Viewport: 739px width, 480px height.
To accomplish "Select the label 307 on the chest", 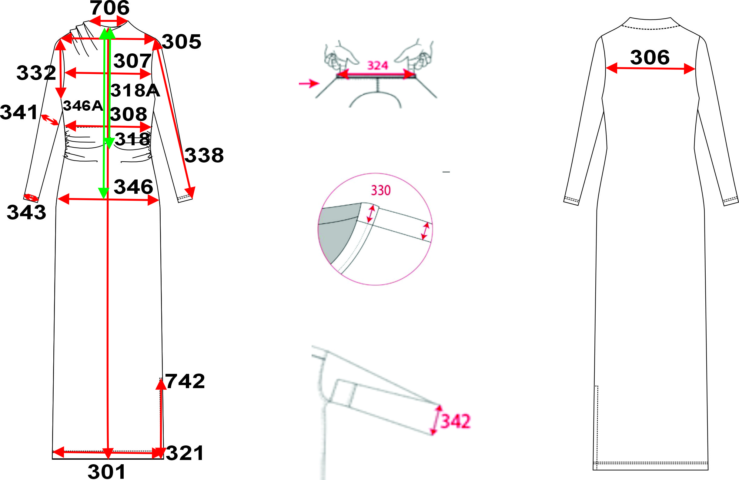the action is [x=132, y=61].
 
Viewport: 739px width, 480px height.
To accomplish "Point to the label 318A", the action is [x=135, y=90].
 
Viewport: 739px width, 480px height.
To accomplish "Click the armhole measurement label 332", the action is [x=36, y=73].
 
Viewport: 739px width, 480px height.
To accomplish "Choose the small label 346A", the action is [x=83, y=106].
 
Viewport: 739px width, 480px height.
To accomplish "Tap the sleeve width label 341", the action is [x=19, y=112].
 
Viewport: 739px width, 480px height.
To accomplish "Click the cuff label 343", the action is [x=26, y=212].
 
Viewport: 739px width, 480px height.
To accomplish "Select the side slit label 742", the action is [x=185, y=381].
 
